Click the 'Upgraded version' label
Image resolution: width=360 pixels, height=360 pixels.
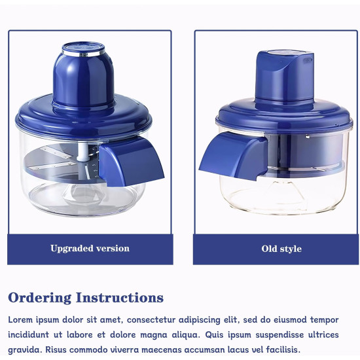pyautogui.click(x=90, y=249)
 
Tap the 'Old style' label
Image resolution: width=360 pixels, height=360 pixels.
pyautogui.click(x=281, y=249)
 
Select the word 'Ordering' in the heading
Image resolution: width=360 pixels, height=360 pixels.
pyautogui.click(x=39, y=298)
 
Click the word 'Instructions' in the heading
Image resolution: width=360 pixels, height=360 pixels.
pyautogui.click(x=120, y=298)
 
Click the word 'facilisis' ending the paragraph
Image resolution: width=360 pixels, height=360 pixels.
pyautogui.click(x=278, y=350)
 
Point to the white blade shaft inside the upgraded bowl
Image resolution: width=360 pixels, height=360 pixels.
pyautogui.click(x=84, y=157)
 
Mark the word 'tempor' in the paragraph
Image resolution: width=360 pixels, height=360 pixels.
pyautogui.click(x=323, y=320)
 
